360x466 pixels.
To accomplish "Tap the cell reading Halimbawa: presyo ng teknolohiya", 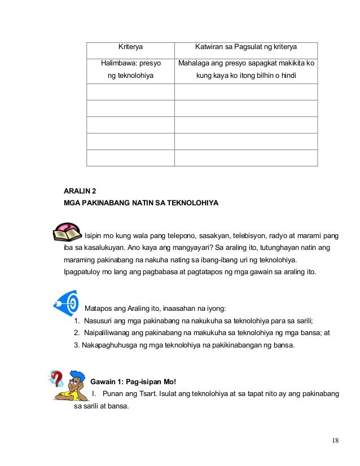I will pos(130,69).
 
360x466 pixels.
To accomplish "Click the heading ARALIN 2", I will pos(80,192).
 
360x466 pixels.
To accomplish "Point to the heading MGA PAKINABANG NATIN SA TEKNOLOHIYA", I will pos(141,203).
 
